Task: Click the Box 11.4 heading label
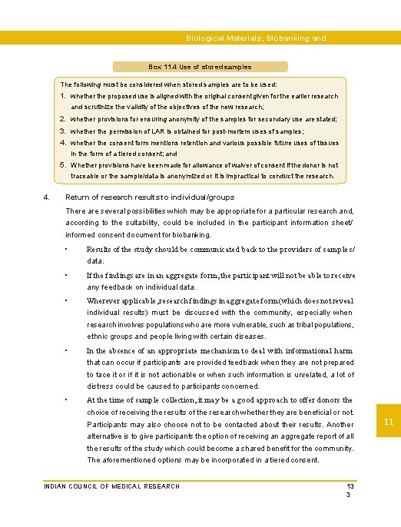[x=200, y=67]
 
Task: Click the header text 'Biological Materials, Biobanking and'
[x=256, y=38]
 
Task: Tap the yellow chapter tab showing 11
[x=389, y=422]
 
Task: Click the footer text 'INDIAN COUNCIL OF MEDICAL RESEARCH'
[x=111, y=486]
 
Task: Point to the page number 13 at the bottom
[x=350, y=486]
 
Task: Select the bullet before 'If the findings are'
[x=68, y=275]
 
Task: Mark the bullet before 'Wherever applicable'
[x=68, y=300]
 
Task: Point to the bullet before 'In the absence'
[x=68, y=350]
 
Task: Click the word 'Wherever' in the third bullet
[x=103, y=300]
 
